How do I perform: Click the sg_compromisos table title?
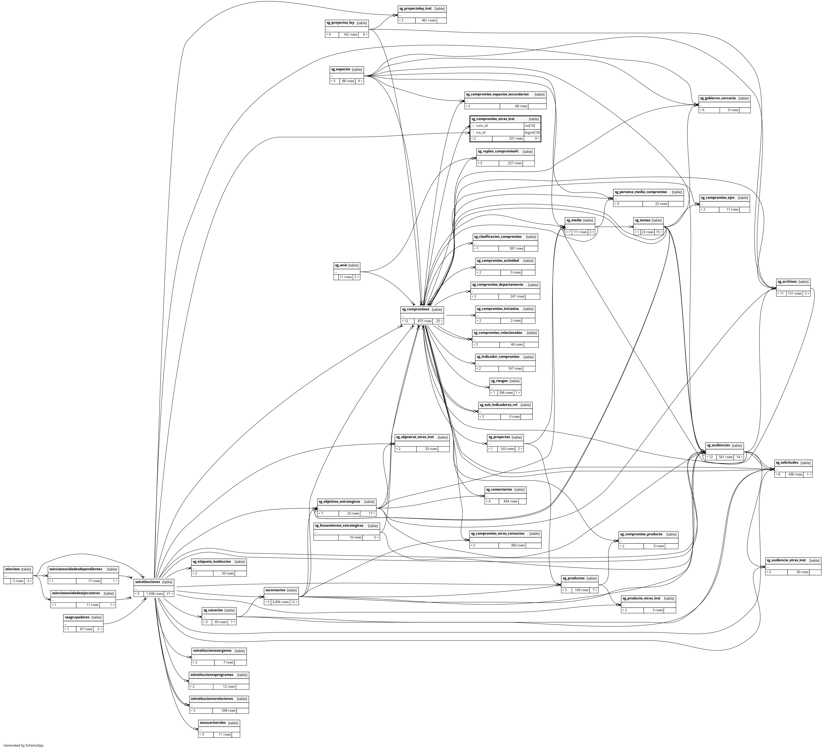(415, 309)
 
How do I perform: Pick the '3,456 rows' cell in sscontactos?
(280, 602)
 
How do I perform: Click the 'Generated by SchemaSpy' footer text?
(23, 745)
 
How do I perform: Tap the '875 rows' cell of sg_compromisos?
(424, 321)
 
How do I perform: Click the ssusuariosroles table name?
(212, 723)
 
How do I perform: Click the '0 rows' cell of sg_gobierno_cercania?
(733, 110)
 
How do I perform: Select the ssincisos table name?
(12, 569)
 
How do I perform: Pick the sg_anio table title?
(341, 265)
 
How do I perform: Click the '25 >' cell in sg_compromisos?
(438, 321)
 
